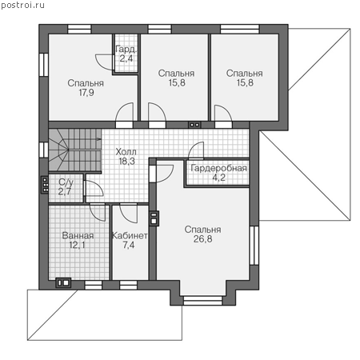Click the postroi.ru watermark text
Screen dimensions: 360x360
click(22, 6)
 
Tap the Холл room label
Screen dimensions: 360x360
click(126, 152)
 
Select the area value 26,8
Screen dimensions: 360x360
click(202, 239)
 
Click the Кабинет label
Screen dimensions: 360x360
click(130, 235)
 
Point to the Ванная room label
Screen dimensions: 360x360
click(78, 235)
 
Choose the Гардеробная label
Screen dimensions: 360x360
click(218, 168)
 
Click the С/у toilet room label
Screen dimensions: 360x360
click(66, 182)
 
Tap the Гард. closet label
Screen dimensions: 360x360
click(126, 49)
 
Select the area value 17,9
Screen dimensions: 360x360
click(86, 93)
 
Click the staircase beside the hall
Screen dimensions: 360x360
click(75, 150)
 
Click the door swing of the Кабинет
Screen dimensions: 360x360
click(129, 213)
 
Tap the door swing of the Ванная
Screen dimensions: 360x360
click(98, 212)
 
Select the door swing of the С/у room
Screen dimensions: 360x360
click(94, 189)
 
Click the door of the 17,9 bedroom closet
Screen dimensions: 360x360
click(105, 62)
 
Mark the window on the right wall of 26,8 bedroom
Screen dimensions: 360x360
click(254, 246)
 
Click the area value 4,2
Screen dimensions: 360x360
click(218, 178)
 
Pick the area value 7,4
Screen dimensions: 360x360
click(129, 245)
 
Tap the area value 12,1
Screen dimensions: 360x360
click(78, 245)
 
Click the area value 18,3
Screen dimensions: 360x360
click(126, 161)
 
